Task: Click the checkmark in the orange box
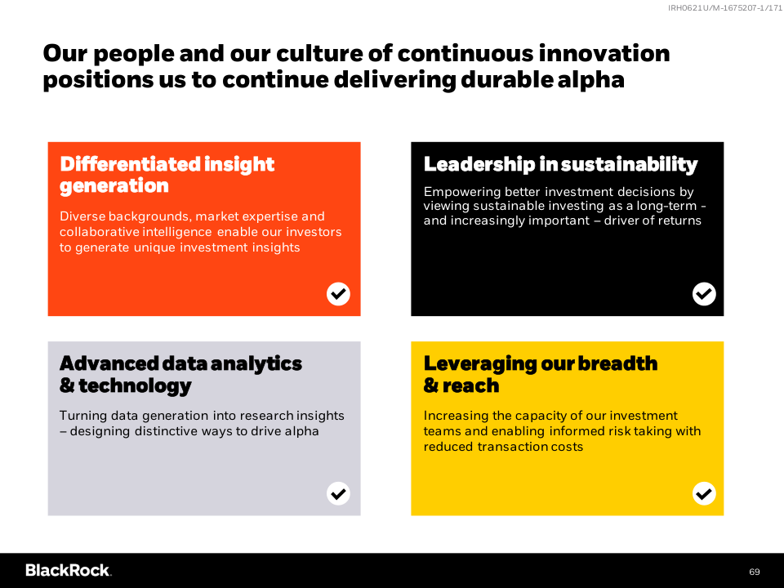click(x=338, y=294)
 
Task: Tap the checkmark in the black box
click(x=704, y=294)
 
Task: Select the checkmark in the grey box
click(x=338, y=493)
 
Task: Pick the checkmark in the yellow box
click(x=704, y=493)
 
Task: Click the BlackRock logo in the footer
click(x=69, y=571)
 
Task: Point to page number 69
click(x=755, y=572)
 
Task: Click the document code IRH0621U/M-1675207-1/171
click(x=725, y=8)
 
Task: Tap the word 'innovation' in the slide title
click(x=604, y=54)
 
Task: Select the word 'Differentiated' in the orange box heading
click(x=130, y=164)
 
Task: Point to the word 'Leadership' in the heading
click(x=479, y=164)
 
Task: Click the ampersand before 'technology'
click(x=67, y=385)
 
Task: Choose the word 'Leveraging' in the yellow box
click(x=479, y=364)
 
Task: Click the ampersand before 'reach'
click(x=430, y=385)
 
